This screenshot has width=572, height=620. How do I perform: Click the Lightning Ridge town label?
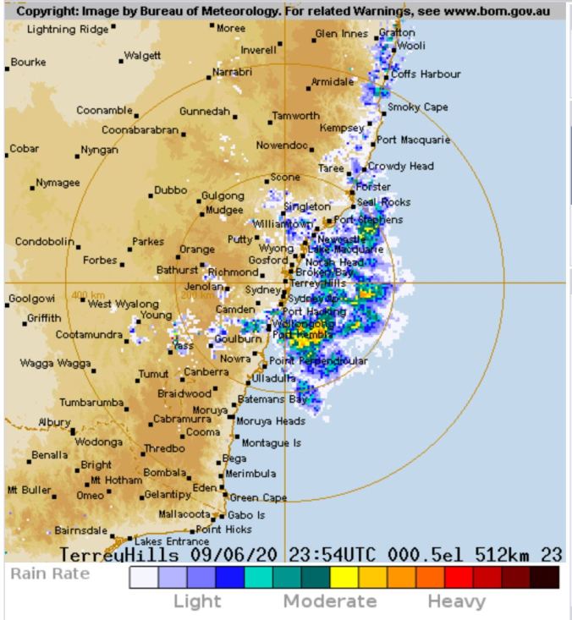(x=68, y=30)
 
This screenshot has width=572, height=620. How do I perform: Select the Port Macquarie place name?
(x=414, y=140)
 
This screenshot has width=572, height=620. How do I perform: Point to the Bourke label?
(x=29, y=62)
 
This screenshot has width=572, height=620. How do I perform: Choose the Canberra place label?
(x=206, y=371)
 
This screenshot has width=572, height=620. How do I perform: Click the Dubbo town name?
(x=169, y=190)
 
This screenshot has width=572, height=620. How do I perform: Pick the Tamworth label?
(x=297, y=116)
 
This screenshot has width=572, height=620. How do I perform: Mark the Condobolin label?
(x=45, y=242)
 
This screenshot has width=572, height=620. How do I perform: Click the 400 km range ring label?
(x=88, y=295)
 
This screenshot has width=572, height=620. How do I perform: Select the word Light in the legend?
(x=197, y=601)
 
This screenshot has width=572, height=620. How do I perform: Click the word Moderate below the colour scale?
(x=329, y=601)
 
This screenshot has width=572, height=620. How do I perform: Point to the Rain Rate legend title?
(x=49, y=574)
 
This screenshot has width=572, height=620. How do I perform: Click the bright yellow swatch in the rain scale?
(x=342, y=577)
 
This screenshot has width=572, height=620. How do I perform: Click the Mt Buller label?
(x=29, y=490)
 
